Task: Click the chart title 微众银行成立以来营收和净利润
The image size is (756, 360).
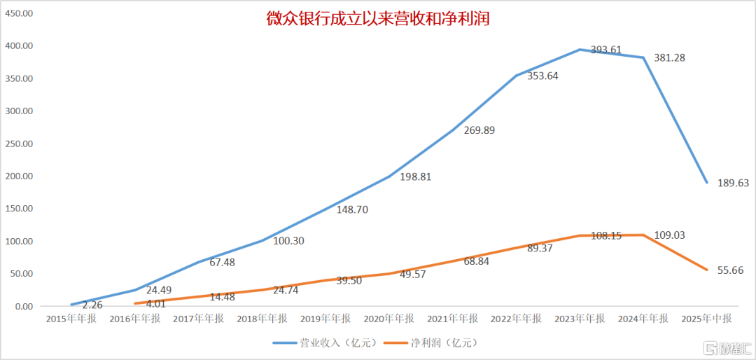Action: [377, 19]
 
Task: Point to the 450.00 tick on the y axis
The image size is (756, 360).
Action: [20, 13]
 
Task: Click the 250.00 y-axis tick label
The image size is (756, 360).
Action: [20, 144]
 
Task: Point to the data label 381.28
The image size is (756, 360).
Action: [669, 57]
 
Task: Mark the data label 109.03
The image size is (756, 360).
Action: [669, 235]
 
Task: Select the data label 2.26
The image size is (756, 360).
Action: [93, 305]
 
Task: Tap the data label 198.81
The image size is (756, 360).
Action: [416, 176]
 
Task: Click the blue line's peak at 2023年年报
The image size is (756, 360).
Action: [579, 50]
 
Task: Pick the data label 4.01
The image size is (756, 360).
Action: [155, 304]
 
